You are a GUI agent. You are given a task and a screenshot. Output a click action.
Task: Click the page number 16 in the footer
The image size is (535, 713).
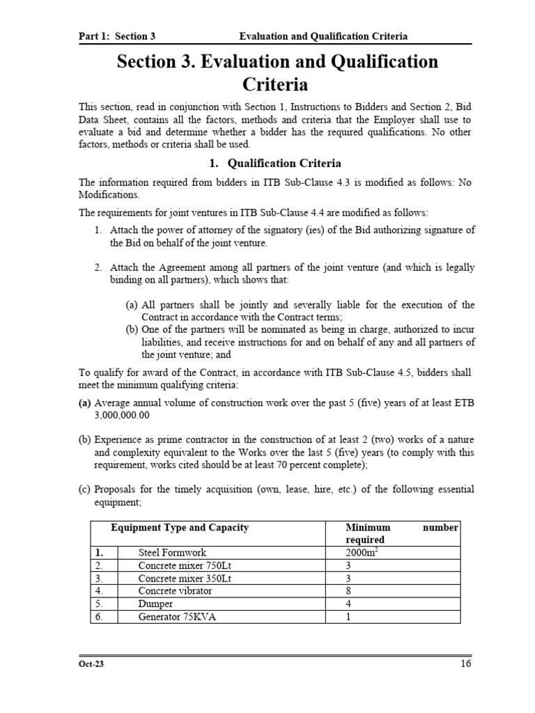(465, 664)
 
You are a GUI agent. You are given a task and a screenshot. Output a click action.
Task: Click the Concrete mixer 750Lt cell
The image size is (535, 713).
(177, 565)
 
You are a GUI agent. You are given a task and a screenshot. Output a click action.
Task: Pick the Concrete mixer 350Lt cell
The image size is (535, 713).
(177, 578)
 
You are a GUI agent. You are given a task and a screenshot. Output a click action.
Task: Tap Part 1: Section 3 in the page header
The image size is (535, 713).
(116, 36)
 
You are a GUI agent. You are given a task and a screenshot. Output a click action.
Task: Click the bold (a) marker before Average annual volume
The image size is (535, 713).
(84, 402)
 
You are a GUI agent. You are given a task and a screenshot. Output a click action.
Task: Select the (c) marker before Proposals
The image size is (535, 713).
(84, 489)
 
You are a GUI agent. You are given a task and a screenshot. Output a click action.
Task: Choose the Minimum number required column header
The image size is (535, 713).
(401, 533)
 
